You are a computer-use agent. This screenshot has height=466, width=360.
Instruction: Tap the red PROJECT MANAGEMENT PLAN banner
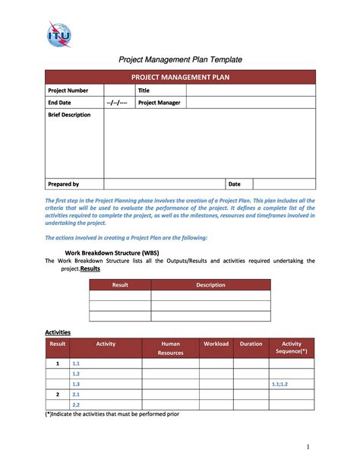tap(180, 77)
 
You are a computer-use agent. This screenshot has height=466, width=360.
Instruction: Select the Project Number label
tap(68, 90)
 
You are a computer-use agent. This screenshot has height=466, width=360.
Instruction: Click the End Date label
tap(60, 103)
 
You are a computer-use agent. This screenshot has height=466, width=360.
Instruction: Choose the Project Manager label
tap(159, 103)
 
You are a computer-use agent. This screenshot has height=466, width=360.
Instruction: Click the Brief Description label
tap(69, 115)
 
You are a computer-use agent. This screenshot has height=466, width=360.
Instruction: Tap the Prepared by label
tap(64, 184)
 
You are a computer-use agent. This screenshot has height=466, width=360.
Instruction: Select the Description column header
tap(210, 285)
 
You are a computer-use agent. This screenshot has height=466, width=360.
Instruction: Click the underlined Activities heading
tap(58, 332)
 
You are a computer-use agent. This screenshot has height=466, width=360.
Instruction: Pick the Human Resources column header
tap(171, 348)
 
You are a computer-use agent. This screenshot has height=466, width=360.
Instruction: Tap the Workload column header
tap(216, 344)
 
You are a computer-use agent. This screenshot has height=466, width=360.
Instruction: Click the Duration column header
tap(251, 344)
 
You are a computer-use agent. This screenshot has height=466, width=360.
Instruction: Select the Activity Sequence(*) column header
tap(292, 348)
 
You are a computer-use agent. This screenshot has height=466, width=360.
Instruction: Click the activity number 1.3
tap(76, 385)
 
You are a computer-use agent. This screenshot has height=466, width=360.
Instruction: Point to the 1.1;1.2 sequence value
tap(281, 385)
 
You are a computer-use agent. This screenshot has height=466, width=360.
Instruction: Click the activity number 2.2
tap(76, 405)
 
